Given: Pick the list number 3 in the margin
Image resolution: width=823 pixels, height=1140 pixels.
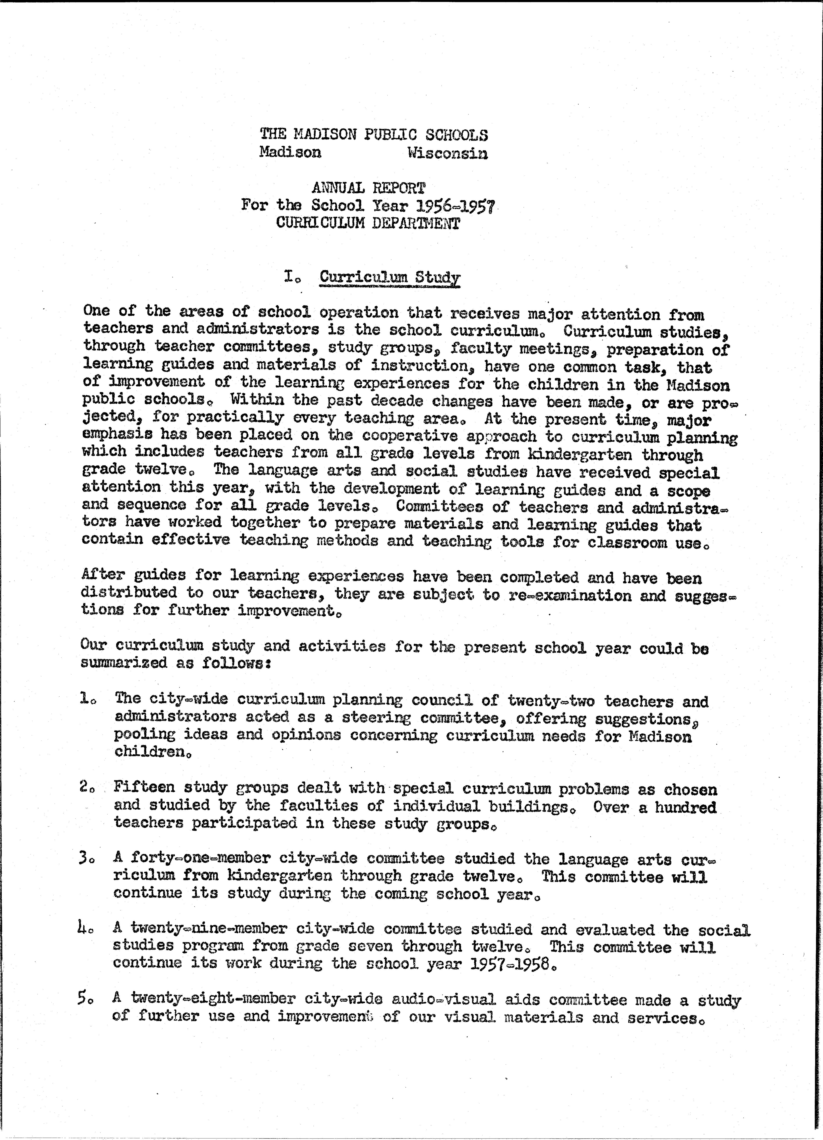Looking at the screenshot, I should (x=84, y=858).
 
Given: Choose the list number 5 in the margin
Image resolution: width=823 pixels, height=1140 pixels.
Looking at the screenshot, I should (x=84, y=998).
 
